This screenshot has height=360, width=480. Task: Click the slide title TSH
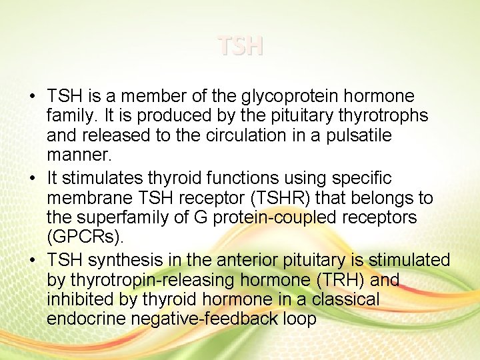(240, 46)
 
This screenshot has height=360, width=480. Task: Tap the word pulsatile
(358, 135)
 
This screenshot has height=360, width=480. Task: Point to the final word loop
(299, 319)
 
